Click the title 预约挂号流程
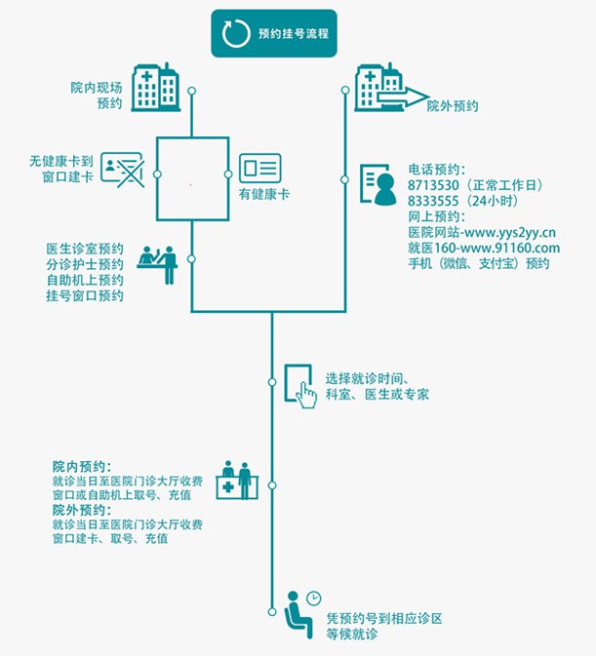pos(293,33)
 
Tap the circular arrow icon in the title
pos(235,33)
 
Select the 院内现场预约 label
pos(98,96)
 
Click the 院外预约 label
pos(453,105)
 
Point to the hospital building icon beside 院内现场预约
pos(155,86)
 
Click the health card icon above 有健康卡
pos(259,168)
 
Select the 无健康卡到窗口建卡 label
pos(63,167)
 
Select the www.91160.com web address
pos(504,248)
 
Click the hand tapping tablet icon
pos(300,386)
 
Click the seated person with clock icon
pos(301,608)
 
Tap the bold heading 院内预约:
pos(82,468)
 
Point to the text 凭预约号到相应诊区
pos(385,618)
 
